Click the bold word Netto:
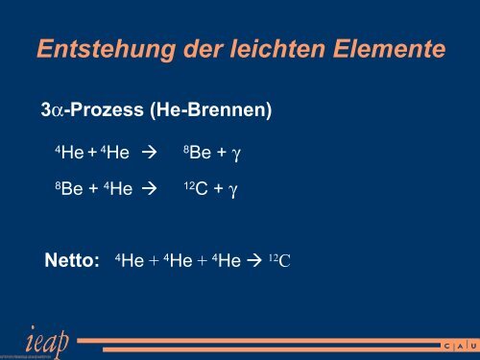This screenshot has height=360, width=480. click(x=73, y=259)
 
